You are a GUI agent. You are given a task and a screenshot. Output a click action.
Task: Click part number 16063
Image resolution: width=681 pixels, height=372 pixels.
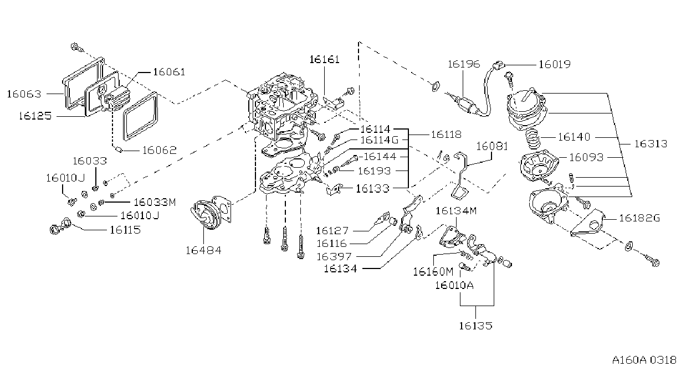24,94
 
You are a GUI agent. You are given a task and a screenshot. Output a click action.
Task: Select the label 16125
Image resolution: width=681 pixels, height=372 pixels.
35,116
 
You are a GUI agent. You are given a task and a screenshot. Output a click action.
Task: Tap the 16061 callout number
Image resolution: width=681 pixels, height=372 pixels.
169,72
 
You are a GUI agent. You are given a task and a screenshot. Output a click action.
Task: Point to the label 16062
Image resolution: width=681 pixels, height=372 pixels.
160,150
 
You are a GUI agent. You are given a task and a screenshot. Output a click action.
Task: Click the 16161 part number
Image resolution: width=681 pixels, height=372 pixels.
324,60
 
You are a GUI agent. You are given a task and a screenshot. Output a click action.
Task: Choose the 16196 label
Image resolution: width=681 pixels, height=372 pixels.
464,64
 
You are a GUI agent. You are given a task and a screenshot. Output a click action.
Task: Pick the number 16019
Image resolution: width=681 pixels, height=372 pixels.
555,64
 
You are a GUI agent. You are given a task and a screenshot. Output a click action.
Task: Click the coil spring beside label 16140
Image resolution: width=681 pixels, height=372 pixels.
533,139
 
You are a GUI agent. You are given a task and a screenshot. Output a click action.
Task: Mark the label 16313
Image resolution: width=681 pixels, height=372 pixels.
651,143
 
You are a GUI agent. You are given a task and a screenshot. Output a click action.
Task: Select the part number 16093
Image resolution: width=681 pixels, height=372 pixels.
586,157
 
